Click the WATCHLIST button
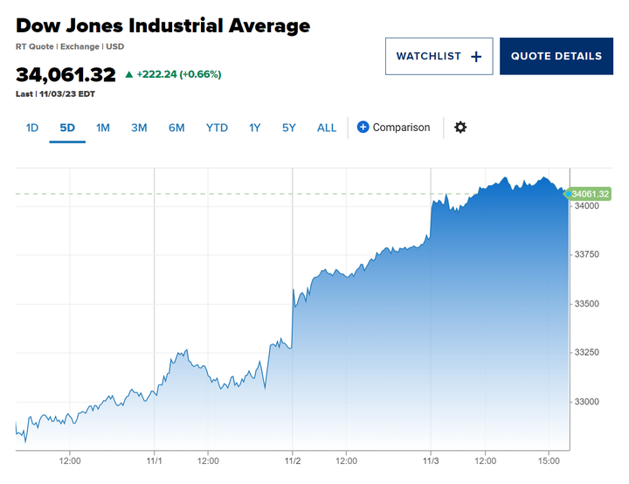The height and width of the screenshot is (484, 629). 439,56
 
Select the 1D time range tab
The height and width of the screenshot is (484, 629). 32,128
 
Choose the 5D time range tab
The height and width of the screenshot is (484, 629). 67,128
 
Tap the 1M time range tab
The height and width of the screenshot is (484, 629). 103,128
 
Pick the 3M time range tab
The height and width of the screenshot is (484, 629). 139,128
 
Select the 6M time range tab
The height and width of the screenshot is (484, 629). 176,128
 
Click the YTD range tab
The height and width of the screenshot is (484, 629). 217,128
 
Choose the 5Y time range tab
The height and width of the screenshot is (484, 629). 289,128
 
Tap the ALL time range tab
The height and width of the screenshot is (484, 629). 327,128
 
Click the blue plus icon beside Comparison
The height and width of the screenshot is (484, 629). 363,128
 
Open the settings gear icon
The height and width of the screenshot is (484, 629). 460,128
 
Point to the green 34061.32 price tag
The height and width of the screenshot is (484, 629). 589,194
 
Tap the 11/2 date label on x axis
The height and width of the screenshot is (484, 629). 293,460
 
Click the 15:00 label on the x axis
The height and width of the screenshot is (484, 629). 548,460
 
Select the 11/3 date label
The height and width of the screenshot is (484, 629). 431,460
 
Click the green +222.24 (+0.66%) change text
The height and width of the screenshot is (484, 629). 179,74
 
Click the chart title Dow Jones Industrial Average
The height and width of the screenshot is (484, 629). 162,25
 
